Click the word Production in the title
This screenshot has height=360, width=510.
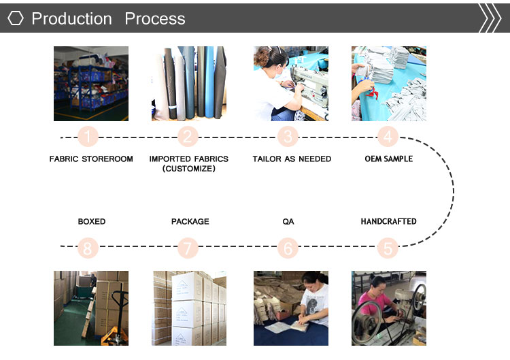click(x=71, y=18)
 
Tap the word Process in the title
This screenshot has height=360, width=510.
click(x=155, y=18)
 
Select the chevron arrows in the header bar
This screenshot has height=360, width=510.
click(x=490, y=18)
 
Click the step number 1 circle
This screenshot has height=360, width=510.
click(x=88, y=137)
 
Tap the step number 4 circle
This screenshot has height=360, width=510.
click(x=388, y=137)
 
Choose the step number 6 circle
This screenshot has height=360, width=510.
click(x=288, y=248)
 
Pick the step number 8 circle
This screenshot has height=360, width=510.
click(x=88, y=248)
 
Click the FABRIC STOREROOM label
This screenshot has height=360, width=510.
click(x=91, y=159)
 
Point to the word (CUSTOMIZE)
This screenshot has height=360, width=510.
click(x=188, y=169)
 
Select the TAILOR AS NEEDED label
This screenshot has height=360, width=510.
click(x=292, y=159)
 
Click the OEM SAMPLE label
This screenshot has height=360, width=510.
click(x=389, y=159)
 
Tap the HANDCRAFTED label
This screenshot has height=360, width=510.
click(x=388, y=221)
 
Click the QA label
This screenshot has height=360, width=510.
click(x=288, y=222)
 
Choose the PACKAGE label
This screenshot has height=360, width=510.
click(x=190, y=221)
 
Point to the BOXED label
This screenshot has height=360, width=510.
click(x=92, y=221)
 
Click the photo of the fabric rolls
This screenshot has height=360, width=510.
click(x=188, y=84)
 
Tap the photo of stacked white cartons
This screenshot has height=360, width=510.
click(x=188, y=308)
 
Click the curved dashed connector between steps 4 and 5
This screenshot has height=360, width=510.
click(x=454, y=191)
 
